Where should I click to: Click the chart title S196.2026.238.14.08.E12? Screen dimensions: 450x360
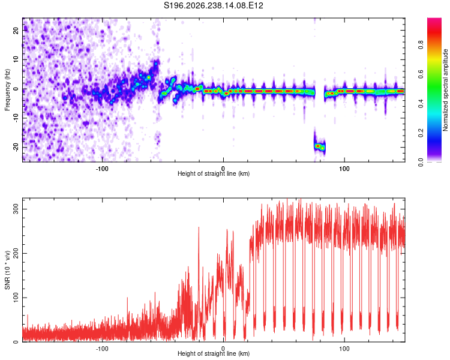pyautogui.click(x=213, y=5)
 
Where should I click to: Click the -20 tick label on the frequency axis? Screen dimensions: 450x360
pyautogui.click(x=16, y=147)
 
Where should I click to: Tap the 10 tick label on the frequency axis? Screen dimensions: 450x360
pyautogui.click(x=16, y=59)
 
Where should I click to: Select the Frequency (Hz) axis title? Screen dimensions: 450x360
pyautogui.click(x=7, y=90)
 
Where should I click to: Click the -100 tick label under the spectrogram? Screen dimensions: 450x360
pyautogui.click(x=101, y=169)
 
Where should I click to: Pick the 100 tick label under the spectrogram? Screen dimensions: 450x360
pyautogui.click(x=344, y=169)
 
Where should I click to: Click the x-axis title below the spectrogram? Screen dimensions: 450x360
pyautogui.click(x=214, y=173)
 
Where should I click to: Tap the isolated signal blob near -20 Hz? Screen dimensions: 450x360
pyautogui.click(x=319, y=146)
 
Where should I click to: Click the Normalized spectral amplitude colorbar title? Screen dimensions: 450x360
pyautogui.click(x=445, y=90)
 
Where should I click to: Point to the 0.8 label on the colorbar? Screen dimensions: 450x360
pyautogui.click(x=421, y=45)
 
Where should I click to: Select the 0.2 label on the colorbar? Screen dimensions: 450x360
pyautogui.click(x=421, y=133)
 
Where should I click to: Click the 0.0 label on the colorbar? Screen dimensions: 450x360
pyautogui.click(x=421, y=162)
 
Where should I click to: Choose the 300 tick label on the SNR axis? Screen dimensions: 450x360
pyautogui.click(x=16, y=209)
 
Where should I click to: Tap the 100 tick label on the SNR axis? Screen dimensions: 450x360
pyautogui.click(x=16, y=298)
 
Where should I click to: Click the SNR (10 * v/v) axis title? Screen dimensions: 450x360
pyautogui.click(x=7, y=270)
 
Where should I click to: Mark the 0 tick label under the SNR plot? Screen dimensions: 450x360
pyautogui.click(x=223, y=349)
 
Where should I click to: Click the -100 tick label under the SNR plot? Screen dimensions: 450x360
pyautogui.click(x=101, y=349)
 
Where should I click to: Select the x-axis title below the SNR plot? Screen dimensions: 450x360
pyautogui.click(x=214, y=353)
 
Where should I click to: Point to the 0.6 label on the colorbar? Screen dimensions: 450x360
pyautogui.click(x=421, y=74)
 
